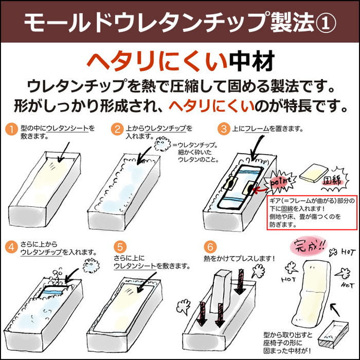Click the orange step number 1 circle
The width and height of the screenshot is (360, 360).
pos(11,129)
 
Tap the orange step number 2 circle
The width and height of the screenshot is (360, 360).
pos(117,129)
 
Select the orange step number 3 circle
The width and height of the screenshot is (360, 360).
pos(224,129)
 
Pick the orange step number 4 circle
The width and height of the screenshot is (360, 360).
pos(11,247)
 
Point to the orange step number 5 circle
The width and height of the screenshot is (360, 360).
pos(120,247)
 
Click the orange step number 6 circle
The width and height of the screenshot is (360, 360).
pos(210,247)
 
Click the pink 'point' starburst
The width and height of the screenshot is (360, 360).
pos(279,182)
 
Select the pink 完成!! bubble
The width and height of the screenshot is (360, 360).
pos(307,246)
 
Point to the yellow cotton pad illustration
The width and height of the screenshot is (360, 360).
pos(314,173)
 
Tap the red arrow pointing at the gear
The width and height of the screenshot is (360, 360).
pos(261,190)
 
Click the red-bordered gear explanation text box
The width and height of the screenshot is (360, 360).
pos(312,212)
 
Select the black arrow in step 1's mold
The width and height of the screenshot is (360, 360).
pos(64,152)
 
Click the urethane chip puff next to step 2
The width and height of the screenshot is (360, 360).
pos(163,144)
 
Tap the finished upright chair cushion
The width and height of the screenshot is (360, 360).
pos(312,293)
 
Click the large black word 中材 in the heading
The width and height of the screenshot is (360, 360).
pos(252,61)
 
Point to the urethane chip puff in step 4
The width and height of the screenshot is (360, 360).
pos(91,265)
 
